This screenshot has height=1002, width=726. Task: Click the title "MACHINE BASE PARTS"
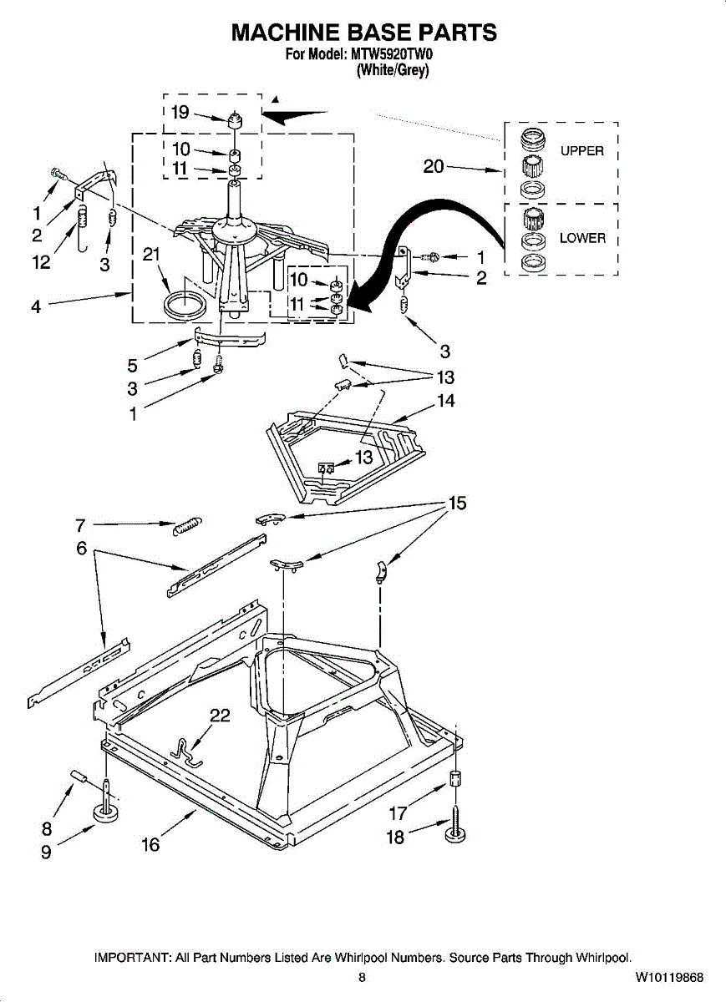[x=363, y=33]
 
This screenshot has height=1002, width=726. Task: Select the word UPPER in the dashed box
[x=581, y=151]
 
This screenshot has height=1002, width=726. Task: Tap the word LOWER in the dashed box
[x=582, y=238]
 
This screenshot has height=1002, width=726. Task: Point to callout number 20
[x=434, y=166]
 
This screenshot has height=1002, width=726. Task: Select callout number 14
[x=446, y=401]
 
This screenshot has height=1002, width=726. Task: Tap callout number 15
[x=457, y=503]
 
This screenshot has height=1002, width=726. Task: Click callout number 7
[x=80, y=525]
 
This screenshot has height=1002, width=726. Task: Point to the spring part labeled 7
[x=186, y=526]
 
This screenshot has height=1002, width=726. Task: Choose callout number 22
[x=220, y=716]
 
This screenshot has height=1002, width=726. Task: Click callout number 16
[x=150, y=845]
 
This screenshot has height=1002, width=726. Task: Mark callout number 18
[x=394, y=837]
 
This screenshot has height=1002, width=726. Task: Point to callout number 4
[x=36, y=306]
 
